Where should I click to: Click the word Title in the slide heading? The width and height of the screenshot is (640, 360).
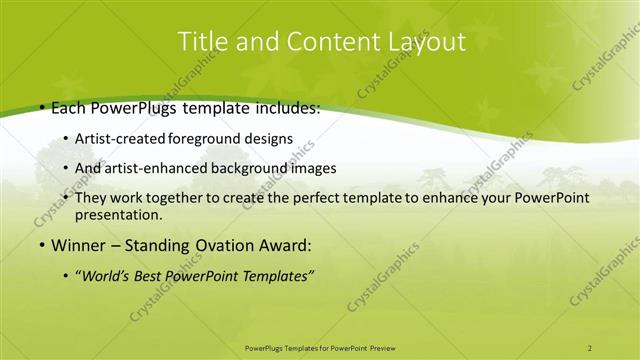(200, 41)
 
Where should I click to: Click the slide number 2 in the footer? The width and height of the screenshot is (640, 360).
(589, 347)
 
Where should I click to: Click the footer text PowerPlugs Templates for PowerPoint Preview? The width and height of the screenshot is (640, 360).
(319, 347)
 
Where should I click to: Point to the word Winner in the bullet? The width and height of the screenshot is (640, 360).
(77, 244)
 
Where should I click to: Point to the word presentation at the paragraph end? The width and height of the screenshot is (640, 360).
(118, 214)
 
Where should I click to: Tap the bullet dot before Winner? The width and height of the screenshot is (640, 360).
(41, 244)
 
